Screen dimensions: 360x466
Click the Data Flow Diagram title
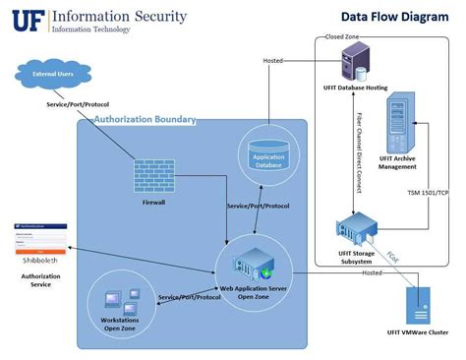(387, 16)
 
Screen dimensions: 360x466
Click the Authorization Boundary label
(145, 120)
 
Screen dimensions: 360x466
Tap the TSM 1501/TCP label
(429, 193)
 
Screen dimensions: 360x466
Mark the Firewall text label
(152, 203)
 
